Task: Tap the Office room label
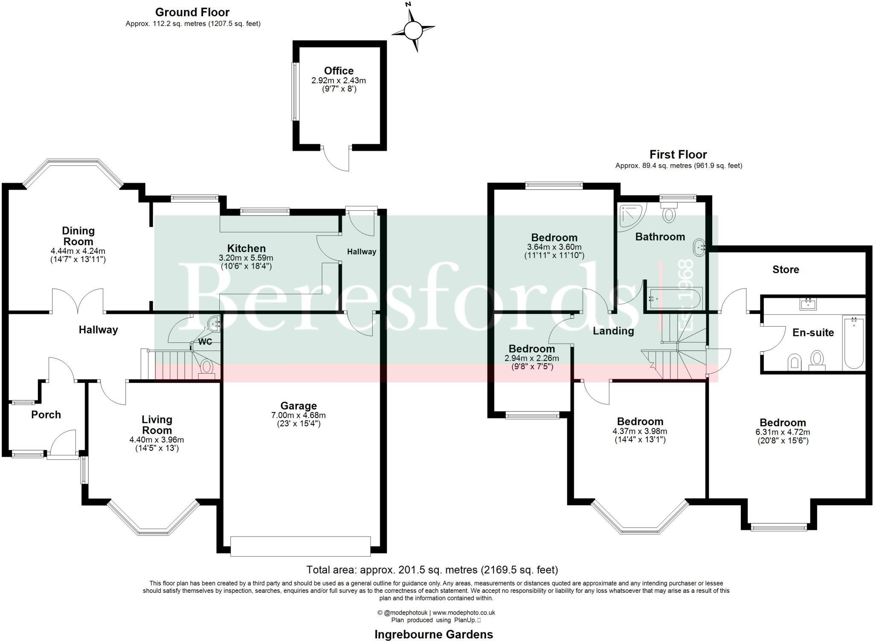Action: click(338, 71)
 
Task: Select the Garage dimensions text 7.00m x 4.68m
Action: click(298, 415)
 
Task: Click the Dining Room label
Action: click(78, 236)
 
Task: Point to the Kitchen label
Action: click(246, 248)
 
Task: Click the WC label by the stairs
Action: click(205, 342)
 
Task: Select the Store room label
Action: click(785, 270)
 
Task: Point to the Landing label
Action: click(613, 331)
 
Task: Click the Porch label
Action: click(46, 415)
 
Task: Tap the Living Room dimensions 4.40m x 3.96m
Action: click(157, 440)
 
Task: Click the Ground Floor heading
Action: click(192, 12)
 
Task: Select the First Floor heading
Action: click(678, 154)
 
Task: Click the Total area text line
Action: click(432, 570)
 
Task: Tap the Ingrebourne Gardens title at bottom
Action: click(434, 635)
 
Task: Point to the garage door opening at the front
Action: click(300, 546)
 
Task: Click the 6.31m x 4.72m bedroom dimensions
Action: click(782, 432)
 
